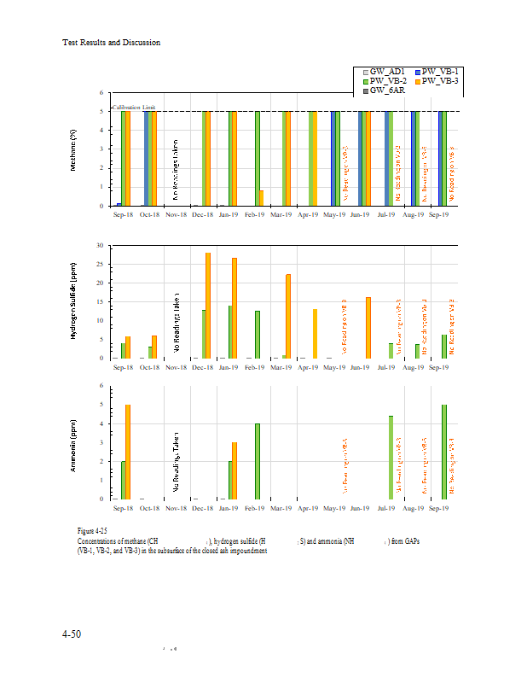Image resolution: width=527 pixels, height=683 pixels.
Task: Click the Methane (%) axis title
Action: (74, 150)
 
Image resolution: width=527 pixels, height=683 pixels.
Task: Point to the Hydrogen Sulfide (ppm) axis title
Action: (74, 302)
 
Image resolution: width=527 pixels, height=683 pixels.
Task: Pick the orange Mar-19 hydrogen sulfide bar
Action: (288, 316)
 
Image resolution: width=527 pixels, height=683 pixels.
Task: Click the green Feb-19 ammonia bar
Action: (257, 461)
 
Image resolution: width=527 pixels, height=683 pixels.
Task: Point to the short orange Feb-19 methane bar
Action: (261, 198)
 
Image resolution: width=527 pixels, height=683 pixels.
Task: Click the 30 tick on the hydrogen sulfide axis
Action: (101, 246)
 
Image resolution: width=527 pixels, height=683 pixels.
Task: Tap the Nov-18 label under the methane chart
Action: (176, 215)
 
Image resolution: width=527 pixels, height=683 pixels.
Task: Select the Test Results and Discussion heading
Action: (112, 42)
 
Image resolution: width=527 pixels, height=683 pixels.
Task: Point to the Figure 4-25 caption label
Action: (92, 532)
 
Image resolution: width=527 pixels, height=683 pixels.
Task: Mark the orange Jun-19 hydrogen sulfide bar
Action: (368, 328)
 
